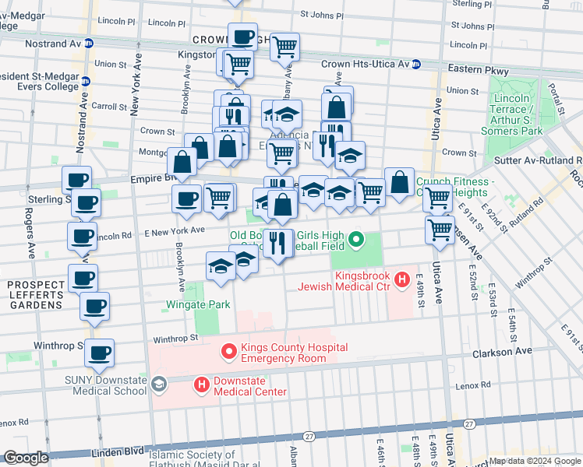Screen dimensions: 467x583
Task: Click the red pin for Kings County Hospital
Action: click(x=229, y=353)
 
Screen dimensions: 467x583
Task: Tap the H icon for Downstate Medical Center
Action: click(x=202, y=384)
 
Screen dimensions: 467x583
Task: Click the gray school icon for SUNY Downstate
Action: click(x=159, y=384)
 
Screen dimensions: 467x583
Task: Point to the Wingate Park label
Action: click(x=197, y=304)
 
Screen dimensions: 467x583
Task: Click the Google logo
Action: click(x=26, y=458)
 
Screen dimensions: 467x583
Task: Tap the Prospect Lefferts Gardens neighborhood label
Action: click(x=35, y=295)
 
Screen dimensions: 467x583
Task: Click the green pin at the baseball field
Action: click(x=357, y=240)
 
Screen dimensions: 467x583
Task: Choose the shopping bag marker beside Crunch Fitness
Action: click(x=399, y=183)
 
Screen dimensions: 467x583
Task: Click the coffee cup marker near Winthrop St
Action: click(x=99, y=353)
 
